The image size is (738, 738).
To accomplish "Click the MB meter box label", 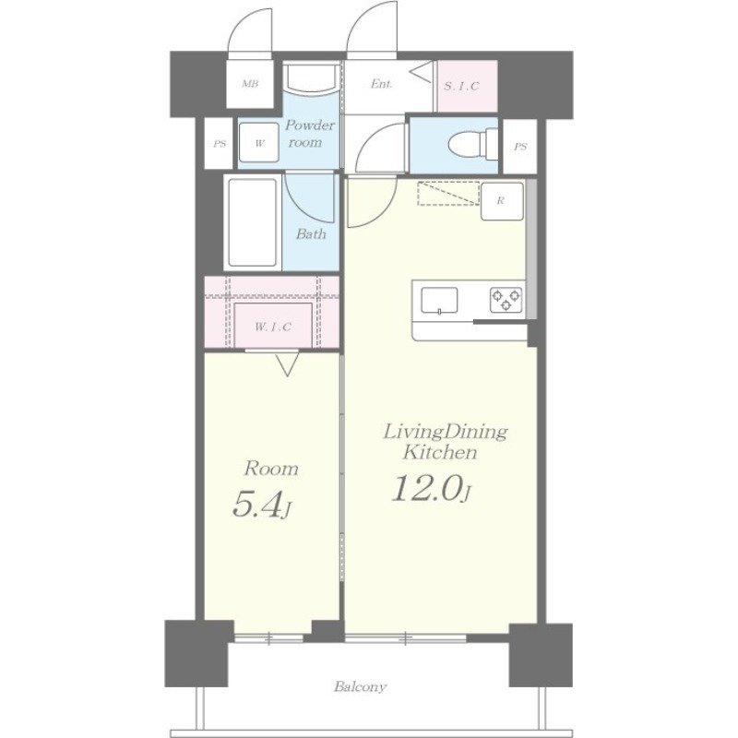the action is click(250, 84).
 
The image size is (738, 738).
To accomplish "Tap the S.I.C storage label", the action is click(462, 86).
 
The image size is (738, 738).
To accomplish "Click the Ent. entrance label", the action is click(381, 84).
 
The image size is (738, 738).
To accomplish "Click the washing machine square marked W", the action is click(259, 143).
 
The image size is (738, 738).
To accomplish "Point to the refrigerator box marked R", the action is click(502, 201).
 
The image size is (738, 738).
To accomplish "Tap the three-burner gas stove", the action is click(506, 300).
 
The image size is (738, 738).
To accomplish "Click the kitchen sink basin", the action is click(439, 300).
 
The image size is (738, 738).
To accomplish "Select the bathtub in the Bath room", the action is click(252, 222).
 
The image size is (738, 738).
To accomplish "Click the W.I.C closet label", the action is click(273, 327).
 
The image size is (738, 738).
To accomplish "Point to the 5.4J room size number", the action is click(260, 506).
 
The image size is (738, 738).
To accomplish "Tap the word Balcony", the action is click(361, 686).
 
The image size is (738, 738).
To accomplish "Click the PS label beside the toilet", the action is click(520, 147).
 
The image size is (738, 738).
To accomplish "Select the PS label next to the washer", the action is click(220, 144).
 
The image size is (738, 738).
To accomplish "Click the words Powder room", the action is click(310, 134).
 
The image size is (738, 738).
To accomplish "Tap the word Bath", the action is click(311, 233).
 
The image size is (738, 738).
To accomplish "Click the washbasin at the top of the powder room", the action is click(311, 77).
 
